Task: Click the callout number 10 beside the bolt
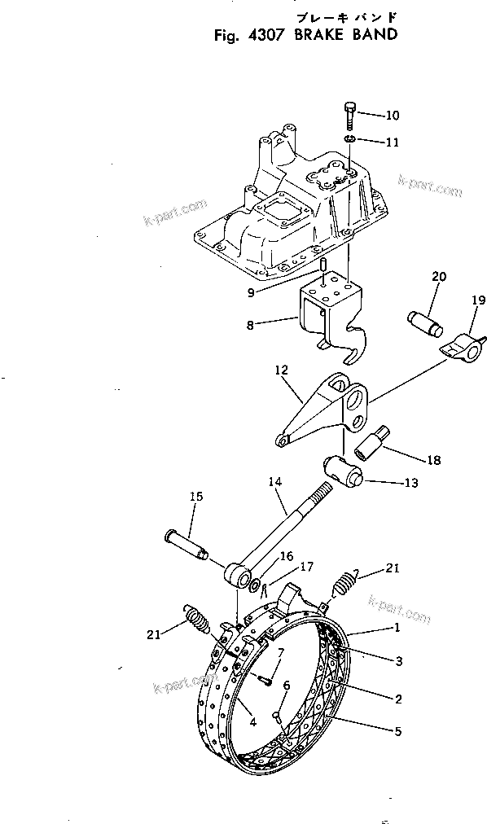(x=393, y=115)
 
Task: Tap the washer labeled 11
(x=349, y=141)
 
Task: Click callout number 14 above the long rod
(x=274, y=483)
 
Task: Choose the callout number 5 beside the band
(x=397, y=731)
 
